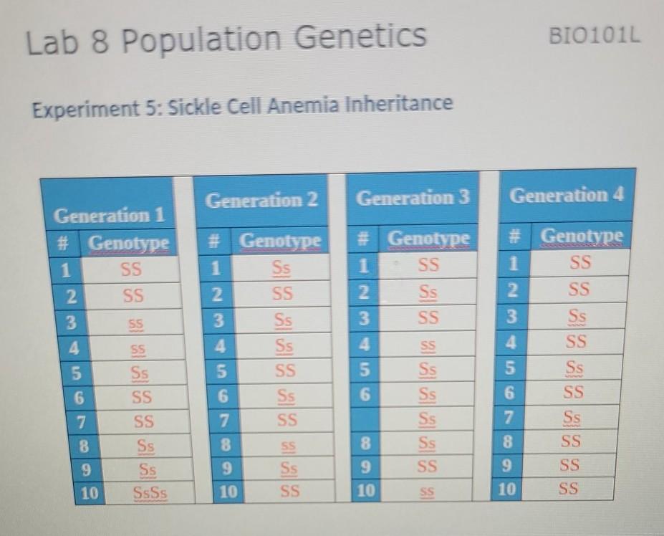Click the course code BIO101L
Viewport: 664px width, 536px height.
(594, 35)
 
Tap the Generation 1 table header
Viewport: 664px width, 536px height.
(110, 214)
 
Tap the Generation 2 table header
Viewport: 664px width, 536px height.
(261, 200)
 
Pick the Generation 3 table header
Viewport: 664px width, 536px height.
(413, 197)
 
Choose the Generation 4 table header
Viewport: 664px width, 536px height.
(567, 194)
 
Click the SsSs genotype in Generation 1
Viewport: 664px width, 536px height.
(150, 494)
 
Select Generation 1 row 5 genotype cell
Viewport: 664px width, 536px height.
(140, 373)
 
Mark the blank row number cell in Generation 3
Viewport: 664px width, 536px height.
(365, 418)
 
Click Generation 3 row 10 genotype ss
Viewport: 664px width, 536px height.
(427, 492)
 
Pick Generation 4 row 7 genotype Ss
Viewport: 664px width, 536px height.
(573, 416)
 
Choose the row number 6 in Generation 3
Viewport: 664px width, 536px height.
(365, 394)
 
